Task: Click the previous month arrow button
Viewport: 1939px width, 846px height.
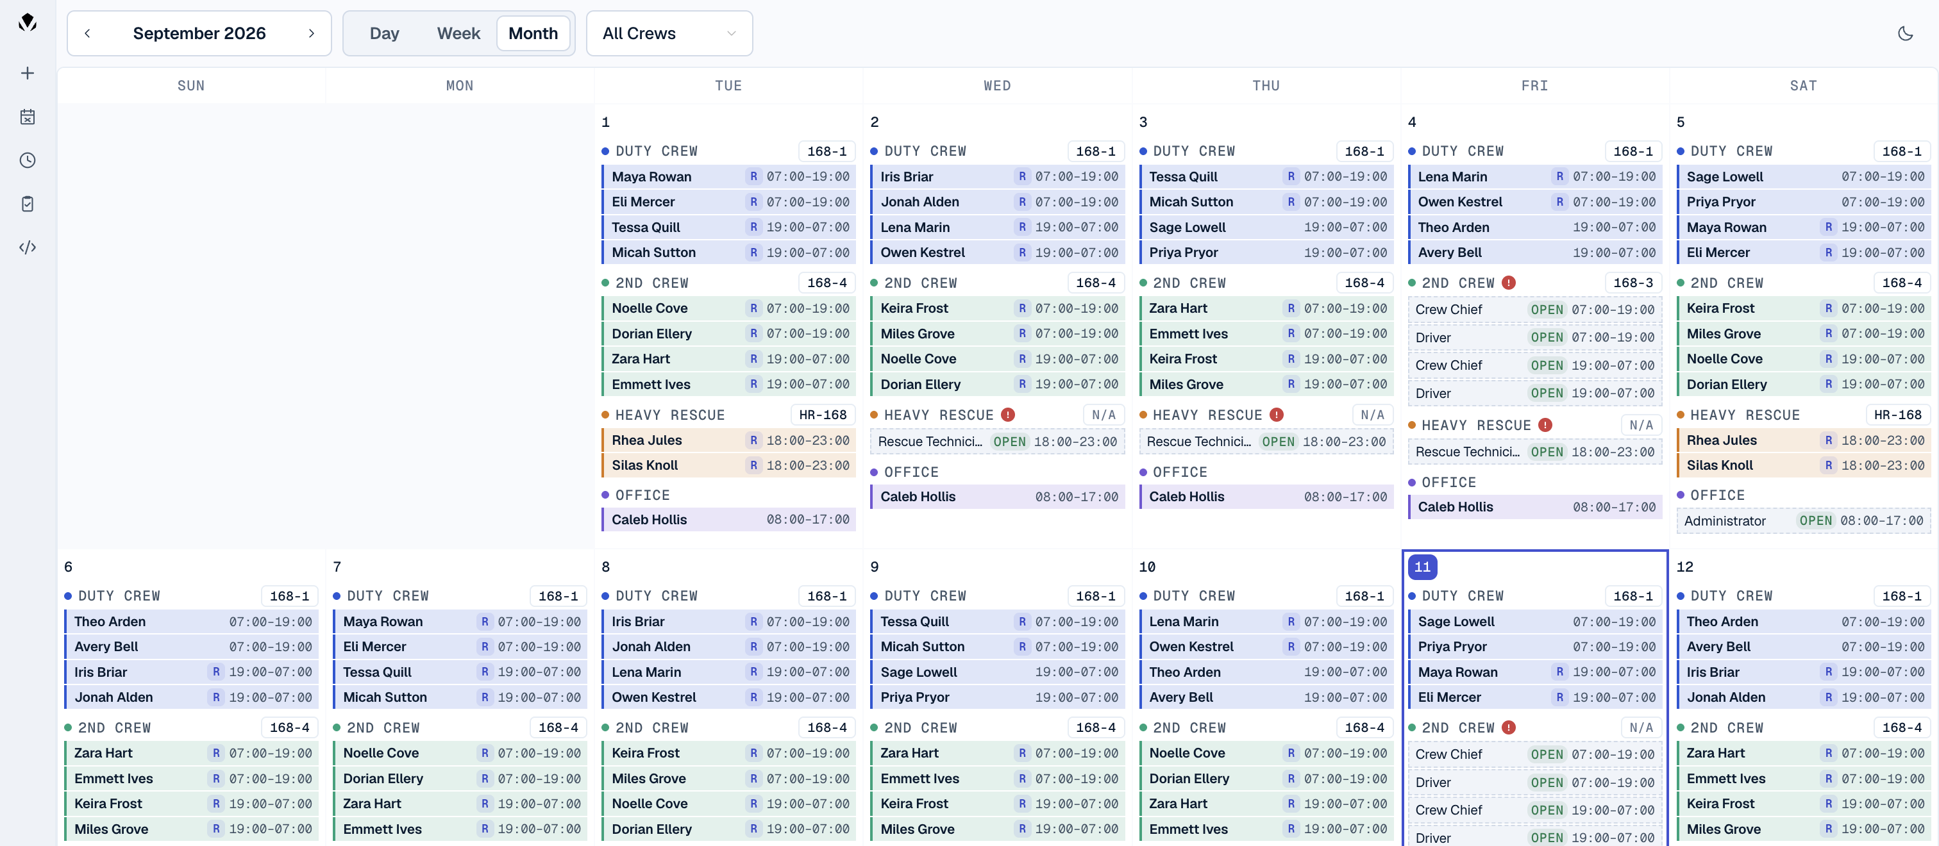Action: tap(87, 33)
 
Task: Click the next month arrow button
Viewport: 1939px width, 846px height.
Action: tap(311, 33)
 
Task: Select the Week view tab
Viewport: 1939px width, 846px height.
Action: tap(458, 33)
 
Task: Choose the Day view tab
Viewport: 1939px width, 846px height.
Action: tap(384, 33)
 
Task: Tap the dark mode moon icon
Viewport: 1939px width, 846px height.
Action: tap(1905, 33)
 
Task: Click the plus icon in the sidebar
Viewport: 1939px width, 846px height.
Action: tap(28, 73)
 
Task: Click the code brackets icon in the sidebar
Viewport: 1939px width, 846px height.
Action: tap(28, 247)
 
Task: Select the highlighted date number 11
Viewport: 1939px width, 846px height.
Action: tap(1422, 567)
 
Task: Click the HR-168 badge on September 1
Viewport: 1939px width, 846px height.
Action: tap(822, 415)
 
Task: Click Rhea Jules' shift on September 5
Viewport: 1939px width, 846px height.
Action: tap(1803, 440)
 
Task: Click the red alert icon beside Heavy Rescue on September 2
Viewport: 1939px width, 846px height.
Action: tap(1008, 415)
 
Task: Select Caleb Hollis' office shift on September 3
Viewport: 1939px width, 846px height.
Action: tap(1266, 497)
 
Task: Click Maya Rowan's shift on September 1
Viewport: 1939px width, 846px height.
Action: tap(728, 177)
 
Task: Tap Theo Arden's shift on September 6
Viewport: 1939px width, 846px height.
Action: tap(191, 622)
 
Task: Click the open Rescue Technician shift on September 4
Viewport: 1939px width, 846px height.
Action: tap(1535, 452)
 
